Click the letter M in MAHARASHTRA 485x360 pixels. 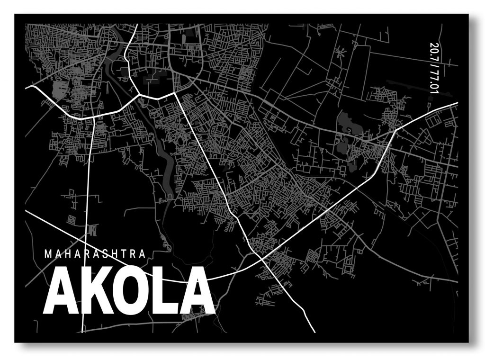pyautogui.click(x=47, y=254)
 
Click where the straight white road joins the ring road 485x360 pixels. pyautogui.click(x=176, y=93)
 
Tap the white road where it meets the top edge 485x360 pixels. pyautogui.click(x=137, y=25)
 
